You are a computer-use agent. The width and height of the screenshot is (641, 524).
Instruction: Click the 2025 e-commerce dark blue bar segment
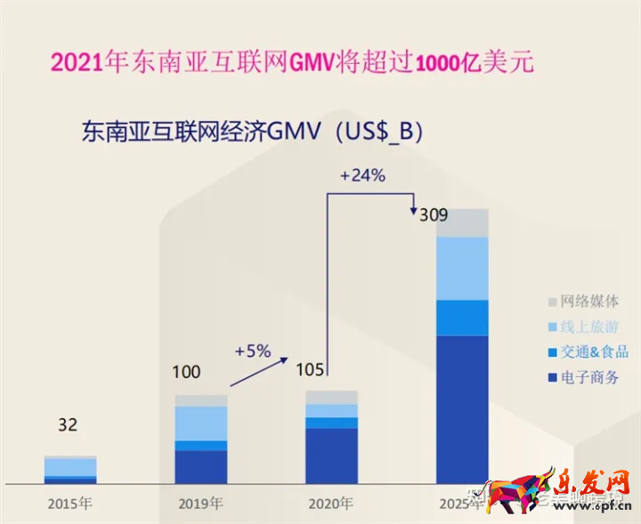(462, 409)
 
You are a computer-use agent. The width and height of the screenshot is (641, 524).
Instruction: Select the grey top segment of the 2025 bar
(462, 223)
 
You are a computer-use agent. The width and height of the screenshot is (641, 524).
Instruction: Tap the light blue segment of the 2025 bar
(462, 269)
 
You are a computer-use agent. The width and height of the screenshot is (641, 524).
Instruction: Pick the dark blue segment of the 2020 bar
(331, 455)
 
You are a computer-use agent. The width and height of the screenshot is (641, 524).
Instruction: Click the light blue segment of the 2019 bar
(200, 423)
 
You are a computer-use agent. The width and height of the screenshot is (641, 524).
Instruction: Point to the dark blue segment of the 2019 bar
(200, 466)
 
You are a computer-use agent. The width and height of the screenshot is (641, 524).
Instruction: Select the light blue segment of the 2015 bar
(70, 467)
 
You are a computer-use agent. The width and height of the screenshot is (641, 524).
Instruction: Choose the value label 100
(186, 372)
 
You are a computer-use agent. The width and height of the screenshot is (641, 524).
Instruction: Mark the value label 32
(68, 425)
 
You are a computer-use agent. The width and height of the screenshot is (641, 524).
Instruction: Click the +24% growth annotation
(362, 175)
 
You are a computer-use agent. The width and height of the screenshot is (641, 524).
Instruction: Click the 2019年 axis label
(200, 503)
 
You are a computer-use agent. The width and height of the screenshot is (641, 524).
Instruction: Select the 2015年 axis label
(69, 503)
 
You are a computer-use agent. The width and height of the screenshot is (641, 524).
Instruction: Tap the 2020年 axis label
(331, 503)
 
